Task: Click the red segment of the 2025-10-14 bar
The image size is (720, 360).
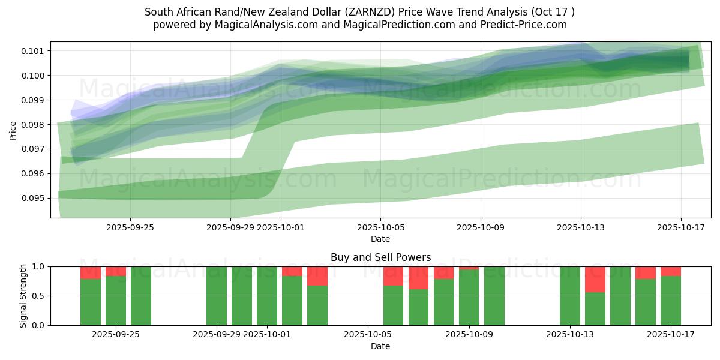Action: (595, 279)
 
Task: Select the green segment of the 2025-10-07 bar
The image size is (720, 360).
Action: (418, 307)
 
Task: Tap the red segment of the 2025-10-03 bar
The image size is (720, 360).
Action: (317, 276)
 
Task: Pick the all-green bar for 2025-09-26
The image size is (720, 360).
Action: (141, 296)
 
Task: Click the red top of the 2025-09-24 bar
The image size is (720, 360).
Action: (91, 272)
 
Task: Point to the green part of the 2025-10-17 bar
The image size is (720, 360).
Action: (670, 301)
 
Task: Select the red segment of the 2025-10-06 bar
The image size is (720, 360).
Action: (393, 276)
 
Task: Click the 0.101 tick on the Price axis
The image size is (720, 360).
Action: (34, 51)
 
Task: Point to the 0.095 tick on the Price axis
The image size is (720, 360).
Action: (34, 198)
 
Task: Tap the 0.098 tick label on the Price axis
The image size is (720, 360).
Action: (34, 125)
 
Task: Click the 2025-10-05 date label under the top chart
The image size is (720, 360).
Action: (380, 227)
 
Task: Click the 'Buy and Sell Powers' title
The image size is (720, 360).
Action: (380, 258)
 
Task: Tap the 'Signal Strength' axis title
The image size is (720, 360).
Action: (23, 296)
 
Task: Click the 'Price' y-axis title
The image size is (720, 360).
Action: (13, 130)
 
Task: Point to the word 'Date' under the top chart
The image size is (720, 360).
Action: (380, 239)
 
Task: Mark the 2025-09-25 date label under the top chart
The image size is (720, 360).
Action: (130, 227)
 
